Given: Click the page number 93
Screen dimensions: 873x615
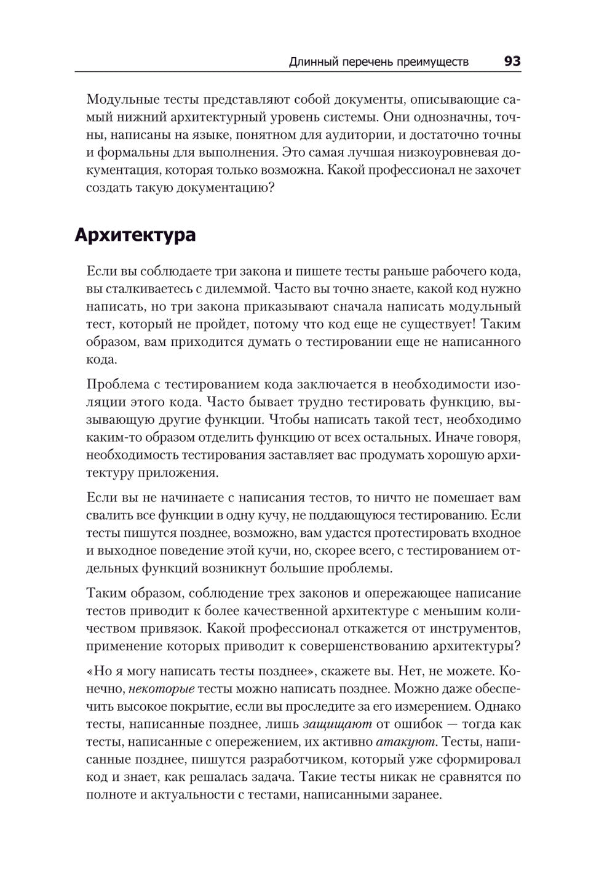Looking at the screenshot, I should click(x=512, y=61).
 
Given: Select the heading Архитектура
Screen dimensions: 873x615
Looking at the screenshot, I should click(x=135, y=235).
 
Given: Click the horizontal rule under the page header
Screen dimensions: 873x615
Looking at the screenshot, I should click(x=298, y=72).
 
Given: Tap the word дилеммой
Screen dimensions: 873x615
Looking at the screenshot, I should click(x=236, y=288).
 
